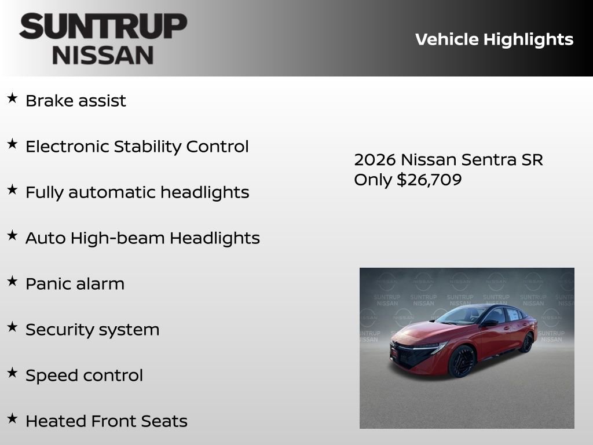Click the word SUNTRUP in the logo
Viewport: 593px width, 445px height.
pyautogui.click(x=103, y=27)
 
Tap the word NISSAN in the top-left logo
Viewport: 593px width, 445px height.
pyautogui.click(x=103, y=55)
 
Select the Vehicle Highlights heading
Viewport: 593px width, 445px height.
pyautogui.click(x=494, y=39)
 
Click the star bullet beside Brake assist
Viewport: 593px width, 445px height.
pyautogui.click(x=12, y=99)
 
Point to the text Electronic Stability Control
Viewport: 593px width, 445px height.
pyautogui.click(x=137, y=147)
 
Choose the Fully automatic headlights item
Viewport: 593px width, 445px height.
pyautogui.click(x=137, y=192)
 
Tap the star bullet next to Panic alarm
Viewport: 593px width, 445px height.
pyautogui.click(x=12, y=282)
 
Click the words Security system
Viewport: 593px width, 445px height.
pyautogui.click(x=92, y=330)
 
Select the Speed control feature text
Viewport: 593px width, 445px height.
pyautogui.click(x=84, y=375)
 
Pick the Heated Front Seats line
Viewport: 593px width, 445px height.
pyautogui.click(x=106, y=421)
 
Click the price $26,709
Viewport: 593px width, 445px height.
pyautogui.click(x=429, y=180)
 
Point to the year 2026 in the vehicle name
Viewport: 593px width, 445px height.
pyautogui.click(x=374, y=160)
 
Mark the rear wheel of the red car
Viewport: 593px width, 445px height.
pyautogui.click(x=526, y=343)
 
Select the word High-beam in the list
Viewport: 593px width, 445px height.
pyautogui.click(x=119, y=238)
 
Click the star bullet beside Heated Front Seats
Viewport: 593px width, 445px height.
pyautogui.click(x=12, y=419)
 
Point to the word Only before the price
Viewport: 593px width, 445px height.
pyautogui.click(x=373, y=180)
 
